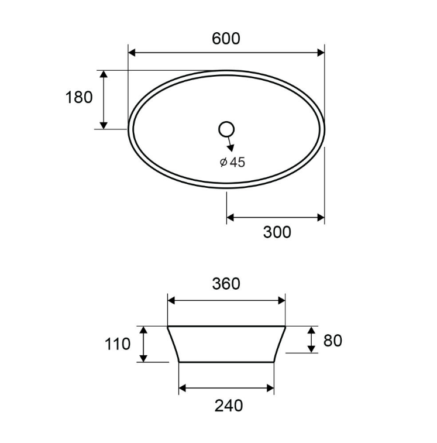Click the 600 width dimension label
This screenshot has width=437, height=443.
click(226, 39)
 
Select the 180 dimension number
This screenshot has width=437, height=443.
click(79, 97)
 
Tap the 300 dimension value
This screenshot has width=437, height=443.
click(277, 232)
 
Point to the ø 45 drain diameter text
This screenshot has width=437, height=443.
click(232, 162)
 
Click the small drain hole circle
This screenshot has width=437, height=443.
click(226, 129)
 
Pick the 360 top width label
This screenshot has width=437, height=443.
click(226, 284)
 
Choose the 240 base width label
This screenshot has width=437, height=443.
click(229, 406)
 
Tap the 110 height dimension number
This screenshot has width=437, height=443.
click(118, 344)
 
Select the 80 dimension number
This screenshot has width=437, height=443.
click(332, 341)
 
